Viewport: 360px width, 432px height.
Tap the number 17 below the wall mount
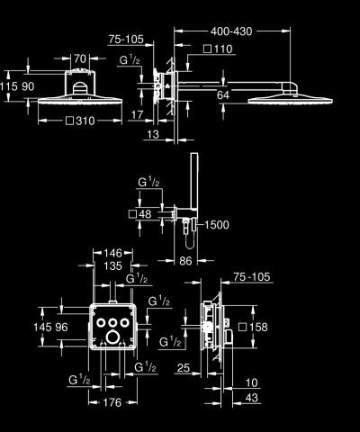point(136,114)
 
